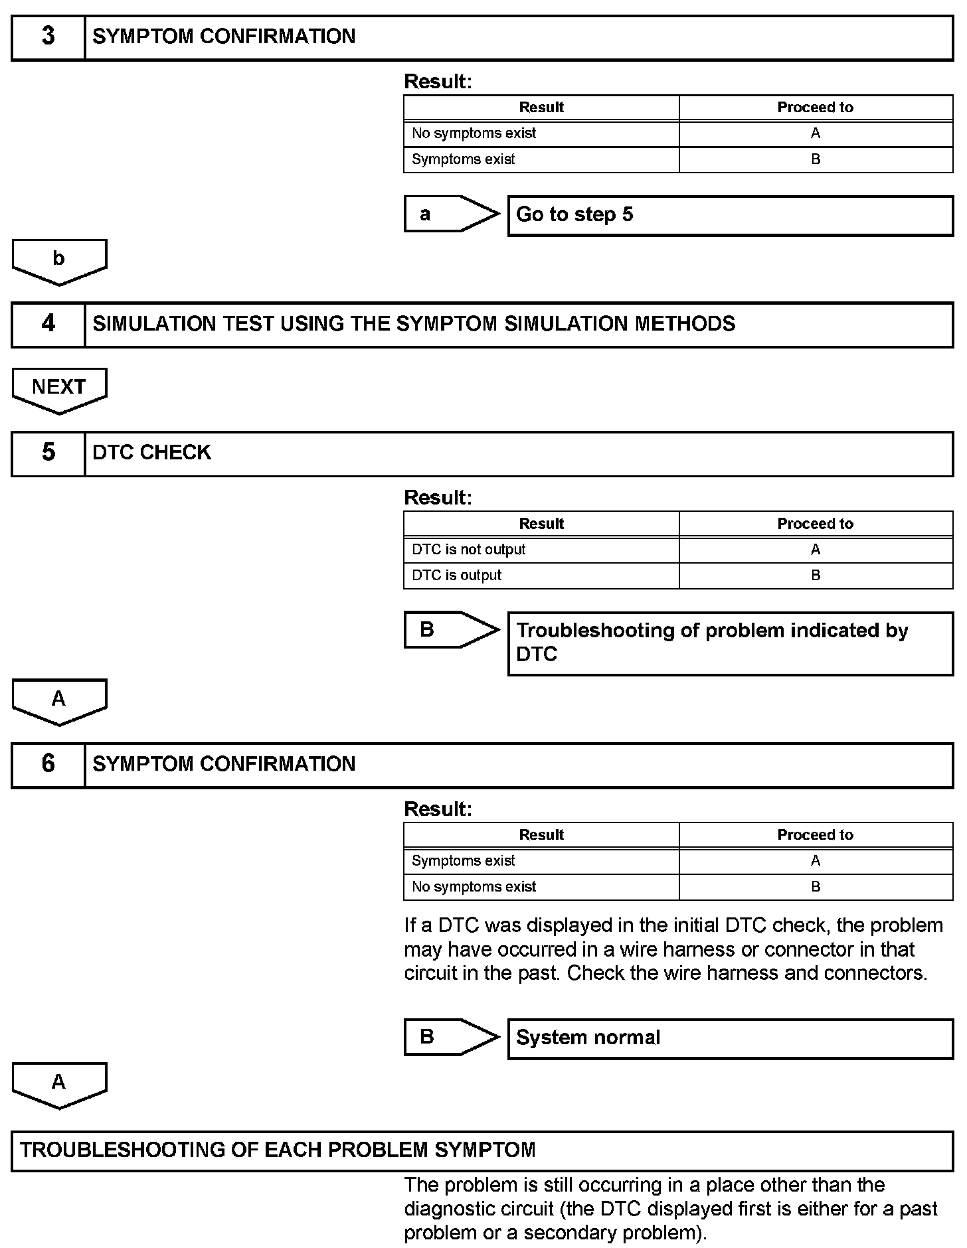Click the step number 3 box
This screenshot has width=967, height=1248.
point(48,37)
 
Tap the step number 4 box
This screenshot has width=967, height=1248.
point(48,325)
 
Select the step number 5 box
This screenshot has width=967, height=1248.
point(48,453)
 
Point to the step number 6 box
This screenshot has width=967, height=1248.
point(48,765)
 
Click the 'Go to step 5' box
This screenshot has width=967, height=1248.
point(730,215)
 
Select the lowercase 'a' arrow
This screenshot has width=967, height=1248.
point(450,214)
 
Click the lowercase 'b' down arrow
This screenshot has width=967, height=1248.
point(59,261)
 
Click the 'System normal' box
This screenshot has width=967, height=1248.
point(730,1038)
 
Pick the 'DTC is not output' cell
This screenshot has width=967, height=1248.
point(541,550)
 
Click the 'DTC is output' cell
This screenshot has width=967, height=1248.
point(541,576)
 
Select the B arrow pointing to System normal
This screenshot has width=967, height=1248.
point(450,1037)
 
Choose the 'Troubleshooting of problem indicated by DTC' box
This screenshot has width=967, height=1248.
point(730,643)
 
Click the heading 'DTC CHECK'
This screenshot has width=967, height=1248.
point(152,453)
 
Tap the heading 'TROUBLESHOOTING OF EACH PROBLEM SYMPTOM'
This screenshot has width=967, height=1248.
point(278,1150)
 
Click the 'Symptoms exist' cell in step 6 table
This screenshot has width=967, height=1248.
point(541,861)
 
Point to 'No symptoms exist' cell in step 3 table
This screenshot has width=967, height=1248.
point(541,133)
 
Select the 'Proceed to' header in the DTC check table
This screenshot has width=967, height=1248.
point(815,524)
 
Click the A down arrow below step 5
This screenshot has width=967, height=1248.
point(59,701)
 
